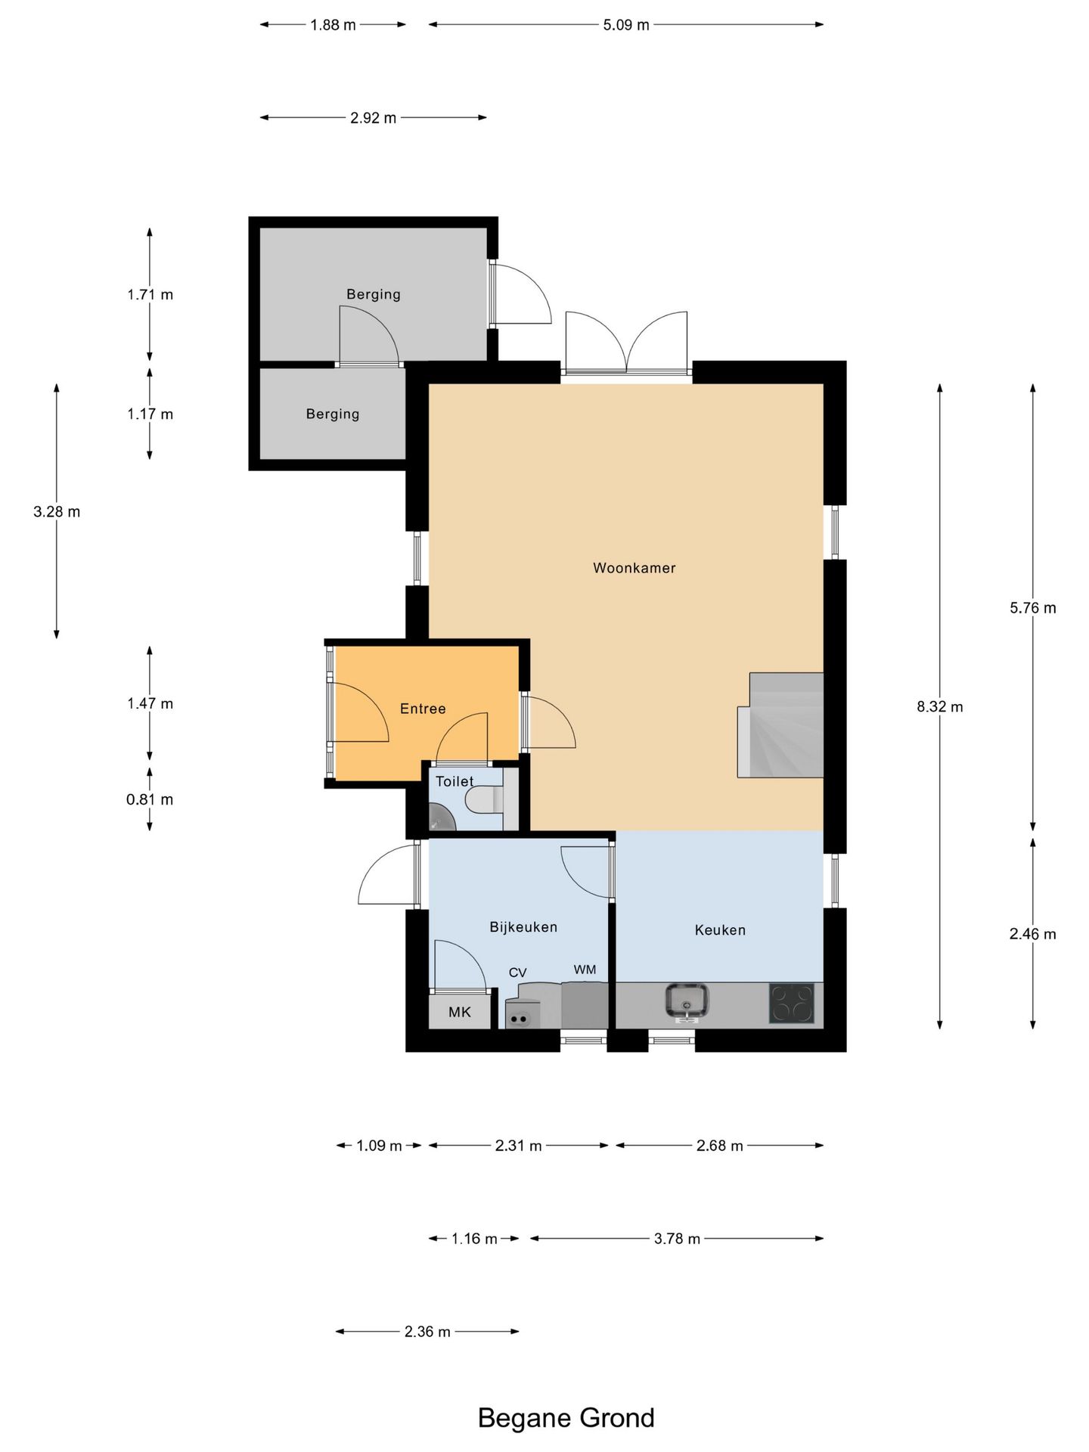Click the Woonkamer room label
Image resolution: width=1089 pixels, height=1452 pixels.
tap(634, 568)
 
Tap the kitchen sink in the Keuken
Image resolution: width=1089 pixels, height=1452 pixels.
tap(687, 1002)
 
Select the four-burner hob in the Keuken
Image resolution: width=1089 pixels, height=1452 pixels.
tap(792, 1004)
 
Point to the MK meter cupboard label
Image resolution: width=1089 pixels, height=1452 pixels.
tap(460, 1012)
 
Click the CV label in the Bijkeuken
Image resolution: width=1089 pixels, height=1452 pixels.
tap(517, 973)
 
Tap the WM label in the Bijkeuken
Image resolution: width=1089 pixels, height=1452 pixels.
tap(585, 970)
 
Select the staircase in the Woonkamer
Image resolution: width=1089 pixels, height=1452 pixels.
tap(780, 724)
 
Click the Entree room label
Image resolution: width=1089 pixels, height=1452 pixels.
tap(423, 709)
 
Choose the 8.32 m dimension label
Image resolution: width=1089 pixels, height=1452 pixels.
tap(940, 707)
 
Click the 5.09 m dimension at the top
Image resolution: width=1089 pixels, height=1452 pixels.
tap(626, 25)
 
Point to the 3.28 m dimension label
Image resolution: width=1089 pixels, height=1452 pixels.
tap(57, 512)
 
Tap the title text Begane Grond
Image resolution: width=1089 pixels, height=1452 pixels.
tap(566, 1418)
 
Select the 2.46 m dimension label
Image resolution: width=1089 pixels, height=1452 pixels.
tap(1033, 934)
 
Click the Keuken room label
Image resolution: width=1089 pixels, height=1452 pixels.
tap(720, 930)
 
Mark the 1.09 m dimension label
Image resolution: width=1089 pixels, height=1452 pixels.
tap(379, 1146)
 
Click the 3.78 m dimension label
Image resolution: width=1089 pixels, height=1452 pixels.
tap(677, 1239)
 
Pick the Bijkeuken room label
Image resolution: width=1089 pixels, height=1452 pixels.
tap(523, 927)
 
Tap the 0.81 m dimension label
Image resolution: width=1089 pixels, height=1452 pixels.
tap(150, 799)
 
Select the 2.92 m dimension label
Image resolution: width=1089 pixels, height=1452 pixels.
tap(373, 118)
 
